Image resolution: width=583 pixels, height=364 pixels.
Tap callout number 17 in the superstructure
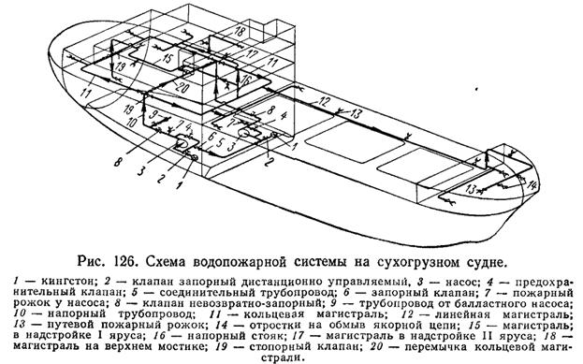click(253, 54)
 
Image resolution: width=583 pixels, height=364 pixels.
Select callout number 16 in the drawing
click(246, 80)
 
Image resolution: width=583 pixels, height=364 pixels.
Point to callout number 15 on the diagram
click(168, 58)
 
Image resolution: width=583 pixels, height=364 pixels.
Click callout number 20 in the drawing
click(182, 88)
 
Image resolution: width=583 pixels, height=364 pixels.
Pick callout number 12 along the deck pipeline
click(324, 101)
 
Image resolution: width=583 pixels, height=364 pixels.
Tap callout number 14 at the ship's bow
click(532, 184)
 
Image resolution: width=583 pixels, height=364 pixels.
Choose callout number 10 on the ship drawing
click(131, 123)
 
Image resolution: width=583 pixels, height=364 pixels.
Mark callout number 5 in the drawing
click(220, 143)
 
